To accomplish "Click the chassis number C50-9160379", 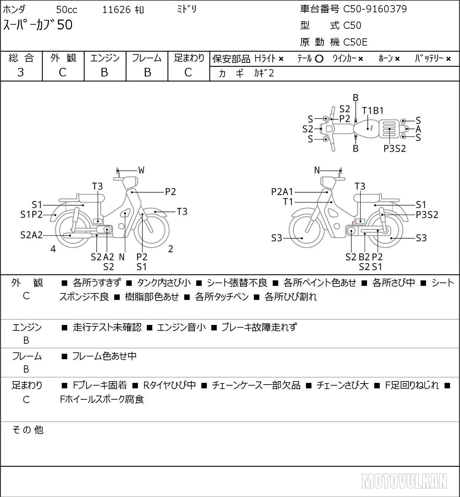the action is tap(375, 9).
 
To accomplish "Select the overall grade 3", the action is tap(21, 72).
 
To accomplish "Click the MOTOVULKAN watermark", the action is tap(404, 481).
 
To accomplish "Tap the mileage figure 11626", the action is tap(117, 10).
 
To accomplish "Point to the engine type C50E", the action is tap(355, 42).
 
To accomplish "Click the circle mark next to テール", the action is tap(319, 59).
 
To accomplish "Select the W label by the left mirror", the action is tap(141, 170).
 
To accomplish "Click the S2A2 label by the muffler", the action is tap(31, 235).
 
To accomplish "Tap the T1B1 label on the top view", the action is tap(373, 111).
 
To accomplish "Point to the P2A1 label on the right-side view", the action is tap(282, 192).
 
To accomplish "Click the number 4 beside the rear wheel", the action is tap(53, 249).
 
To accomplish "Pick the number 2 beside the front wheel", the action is tap(170, 249).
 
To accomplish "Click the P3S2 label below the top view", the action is tap(394, 149).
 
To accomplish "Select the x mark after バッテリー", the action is tap(448, 59).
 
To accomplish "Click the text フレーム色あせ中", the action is tap(104, 356).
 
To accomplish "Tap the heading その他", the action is tap(28, 430).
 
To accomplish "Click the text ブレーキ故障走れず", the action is tap(259, 327).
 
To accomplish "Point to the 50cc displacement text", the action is tap(67, 10).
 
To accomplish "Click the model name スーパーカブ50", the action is tap(38, 25).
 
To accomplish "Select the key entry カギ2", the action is tap(264, 73).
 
